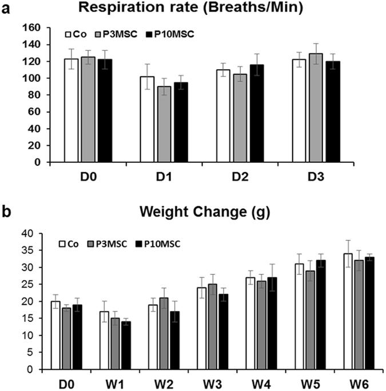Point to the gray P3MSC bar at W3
click(197, 326)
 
